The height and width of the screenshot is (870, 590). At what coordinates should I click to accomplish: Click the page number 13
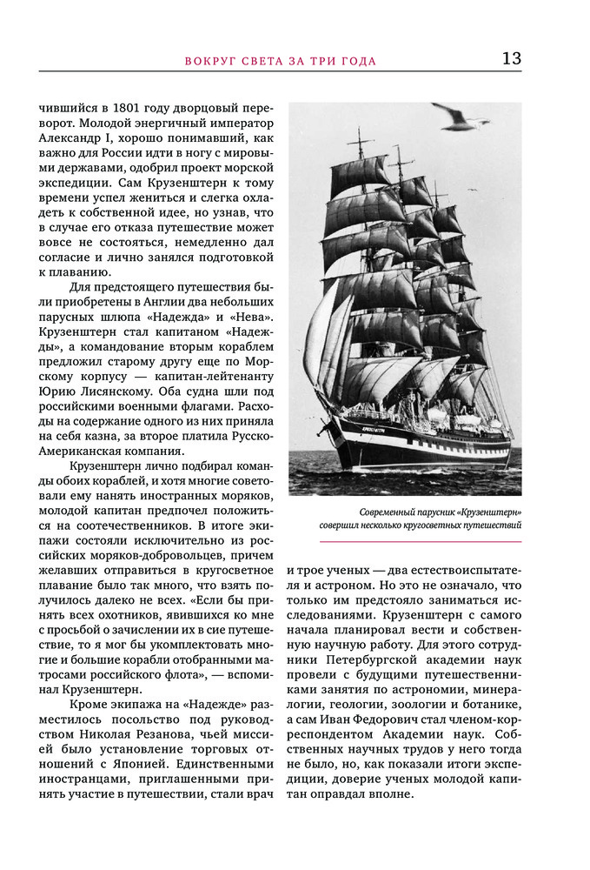tap(511, 58)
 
